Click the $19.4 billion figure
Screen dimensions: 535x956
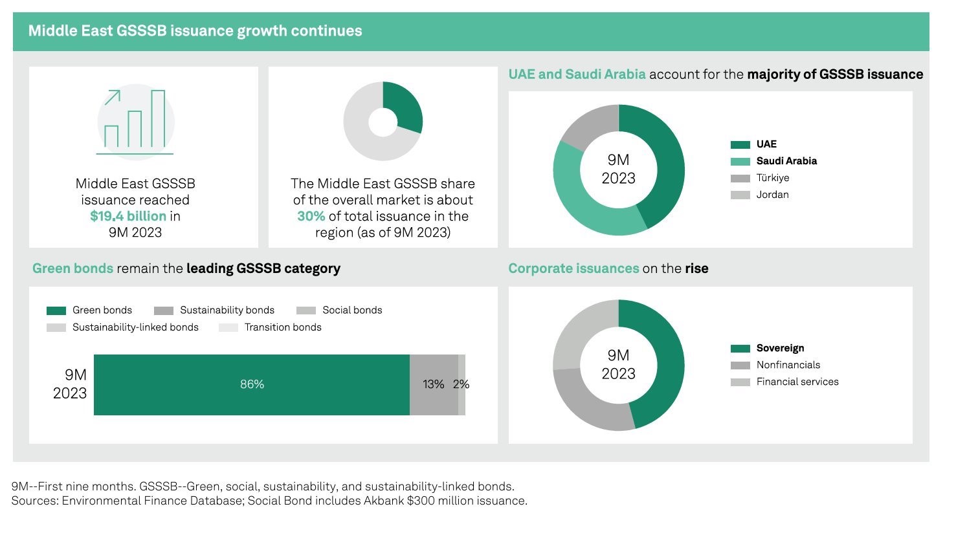(x=128, y=216)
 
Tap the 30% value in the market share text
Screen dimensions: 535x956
(x=311, y=216)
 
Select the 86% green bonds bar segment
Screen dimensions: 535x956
(x=252, y=384)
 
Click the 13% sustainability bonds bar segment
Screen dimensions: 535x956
(x=433, y=384)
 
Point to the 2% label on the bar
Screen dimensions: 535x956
(x=461, y=384)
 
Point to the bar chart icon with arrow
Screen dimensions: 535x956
(x=135, y=122)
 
